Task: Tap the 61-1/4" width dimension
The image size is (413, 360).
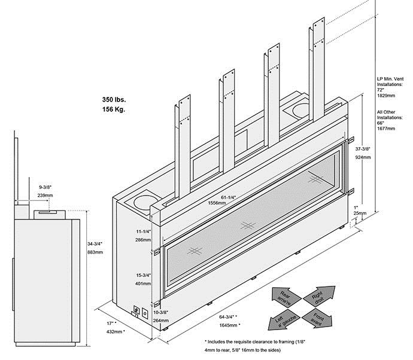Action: [208, 197]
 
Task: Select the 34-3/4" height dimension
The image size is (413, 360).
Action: [96, 244]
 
